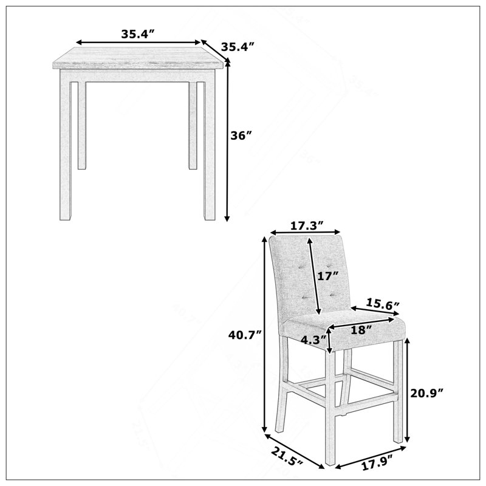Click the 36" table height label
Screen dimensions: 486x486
click(x=241, y=135)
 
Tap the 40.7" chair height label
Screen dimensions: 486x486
click(x=245, y=335)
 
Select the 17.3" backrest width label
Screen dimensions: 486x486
click(x=307, y=225)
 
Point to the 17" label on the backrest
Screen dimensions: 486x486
click(x=327, y=276)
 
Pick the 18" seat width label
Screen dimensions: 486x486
click(x=361, y=330)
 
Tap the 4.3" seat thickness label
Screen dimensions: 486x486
click(x=313, y=340)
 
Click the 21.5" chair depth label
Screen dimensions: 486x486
click(x=287, y=457)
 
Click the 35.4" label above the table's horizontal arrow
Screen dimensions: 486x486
click(x=138, y=34)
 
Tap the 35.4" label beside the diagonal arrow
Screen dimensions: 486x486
click(x=238, y=47)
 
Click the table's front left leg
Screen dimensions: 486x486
click(x=66, y=145)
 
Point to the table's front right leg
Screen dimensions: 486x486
click(x=209, y=145)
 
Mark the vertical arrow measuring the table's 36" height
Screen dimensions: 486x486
click(x=227, y=140)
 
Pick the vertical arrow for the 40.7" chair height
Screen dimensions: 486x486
click(x=264, y=335)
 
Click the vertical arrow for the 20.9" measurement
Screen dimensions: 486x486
click(x=408, y=389)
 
